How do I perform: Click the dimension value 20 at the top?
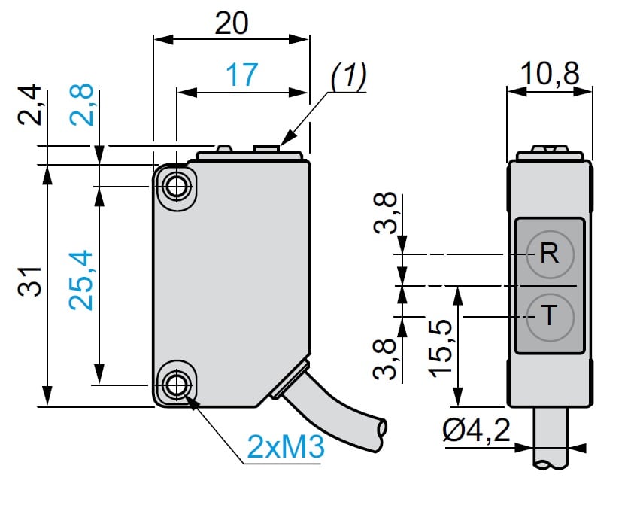(231, 23)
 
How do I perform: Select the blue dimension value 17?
(241, 75)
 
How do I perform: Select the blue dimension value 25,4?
(82, 280)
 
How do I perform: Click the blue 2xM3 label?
(285, 449)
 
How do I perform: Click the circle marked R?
(550, 254)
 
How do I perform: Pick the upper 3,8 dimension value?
(385, 214)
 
